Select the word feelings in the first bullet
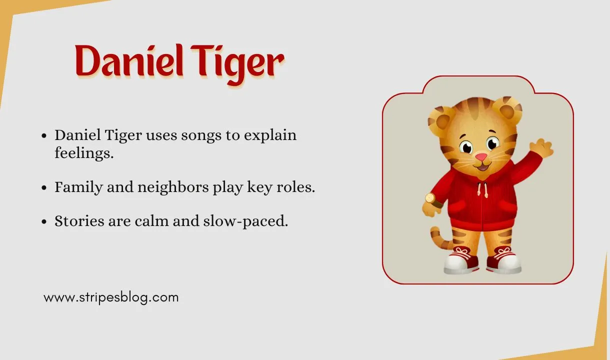click(84, 153)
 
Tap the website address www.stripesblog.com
click(111, 297)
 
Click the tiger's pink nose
click(481, 157)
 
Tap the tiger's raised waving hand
click(541, 148)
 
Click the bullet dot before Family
click(45, 188)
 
